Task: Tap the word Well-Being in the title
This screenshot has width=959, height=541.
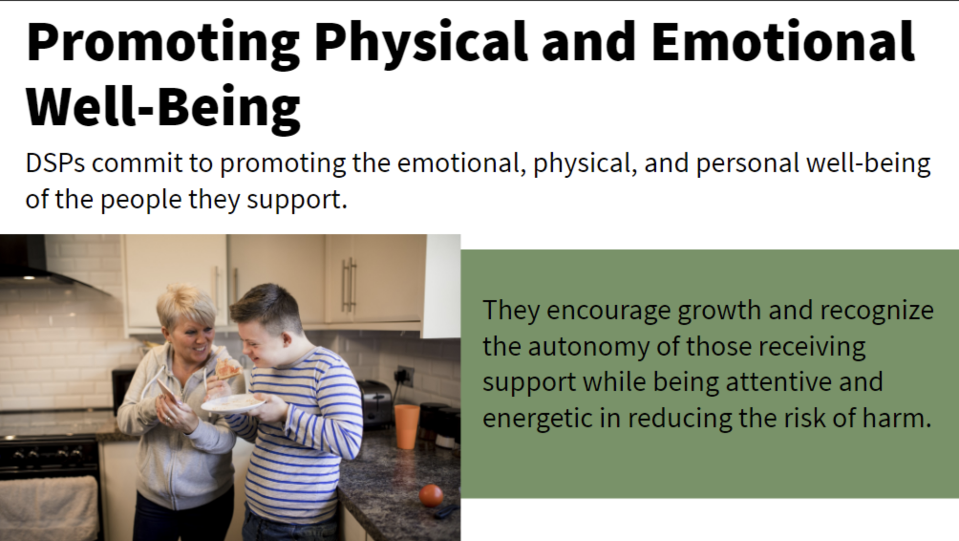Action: click(163, 108)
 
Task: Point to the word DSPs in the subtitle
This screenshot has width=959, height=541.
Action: click(55, 163)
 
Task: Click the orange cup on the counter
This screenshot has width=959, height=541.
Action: click(406, 426)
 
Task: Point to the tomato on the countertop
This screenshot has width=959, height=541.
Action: click(431, 496)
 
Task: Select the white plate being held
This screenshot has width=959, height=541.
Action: click(233, 404)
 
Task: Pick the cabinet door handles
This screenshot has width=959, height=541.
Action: click(349, 285)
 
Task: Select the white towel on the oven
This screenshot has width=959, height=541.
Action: click(48, 509)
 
